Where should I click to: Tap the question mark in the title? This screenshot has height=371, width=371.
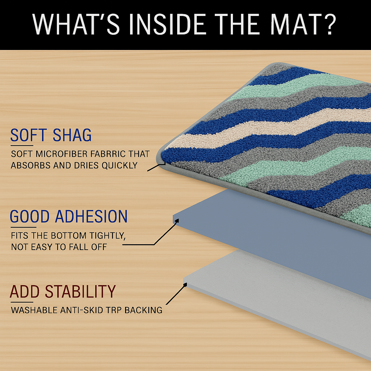[x=329, y=24]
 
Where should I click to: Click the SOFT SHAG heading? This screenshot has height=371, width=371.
[x=51, y=135]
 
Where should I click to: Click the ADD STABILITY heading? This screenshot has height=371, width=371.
[x=63, y=291]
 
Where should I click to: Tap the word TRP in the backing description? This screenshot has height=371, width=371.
[x=114, y=310]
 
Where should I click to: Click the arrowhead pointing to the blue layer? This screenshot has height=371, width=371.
[x=177, y=221]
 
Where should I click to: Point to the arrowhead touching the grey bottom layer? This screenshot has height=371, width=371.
[x=185, y=285]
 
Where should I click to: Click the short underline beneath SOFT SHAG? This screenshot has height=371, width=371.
[x=22, y=146]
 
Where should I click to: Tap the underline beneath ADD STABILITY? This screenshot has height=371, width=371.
[x=22, y=302]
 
